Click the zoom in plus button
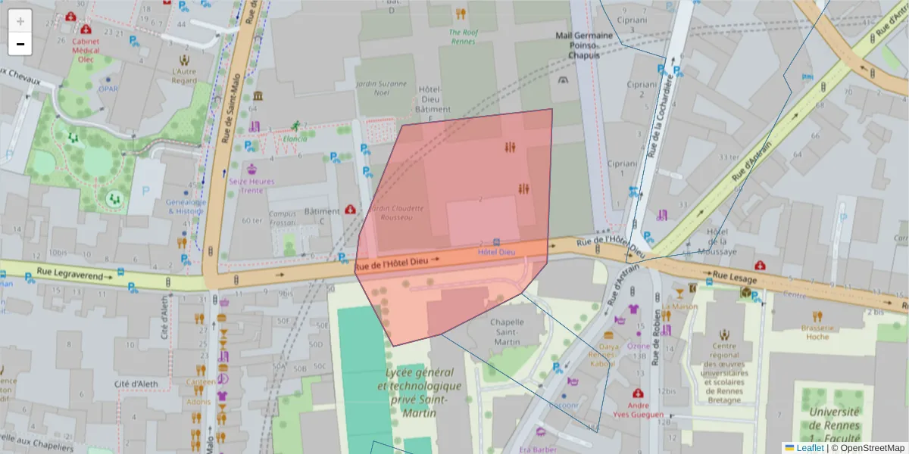tap(20, 20)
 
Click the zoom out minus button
tap(20, 44)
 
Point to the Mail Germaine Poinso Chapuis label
tap(583, 45)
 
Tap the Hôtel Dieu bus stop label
tap(497, 251)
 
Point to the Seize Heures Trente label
tap(252, 185)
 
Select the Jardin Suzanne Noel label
tap(381, 88)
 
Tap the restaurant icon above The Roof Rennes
tap(461, 14)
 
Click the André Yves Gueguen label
tap(639, 409)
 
